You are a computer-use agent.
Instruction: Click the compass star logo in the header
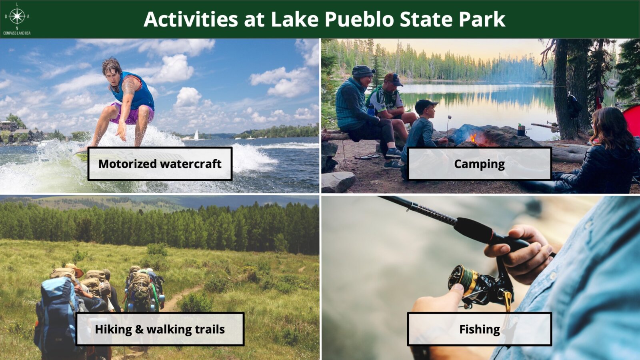tap(17, 16)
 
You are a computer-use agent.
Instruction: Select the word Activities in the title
tap(190, 19)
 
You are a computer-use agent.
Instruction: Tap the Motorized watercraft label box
tap(160, 164)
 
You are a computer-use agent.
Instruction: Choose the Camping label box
tap(480, 164)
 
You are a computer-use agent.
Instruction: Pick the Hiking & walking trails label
tap(160, 329)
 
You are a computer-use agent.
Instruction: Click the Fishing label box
tap(480, 329)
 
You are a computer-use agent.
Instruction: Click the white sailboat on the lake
tap(196, 135)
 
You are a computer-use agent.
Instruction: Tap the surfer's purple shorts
tap(133, 113)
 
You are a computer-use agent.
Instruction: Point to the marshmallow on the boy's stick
tap(450, 117)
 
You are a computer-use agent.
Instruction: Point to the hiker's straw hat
tap(74, 270)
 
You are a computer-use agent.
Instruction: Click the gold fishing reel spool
tap(463, 278)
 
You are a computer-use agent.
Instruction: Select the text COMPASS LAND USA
tap(17, 33)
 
